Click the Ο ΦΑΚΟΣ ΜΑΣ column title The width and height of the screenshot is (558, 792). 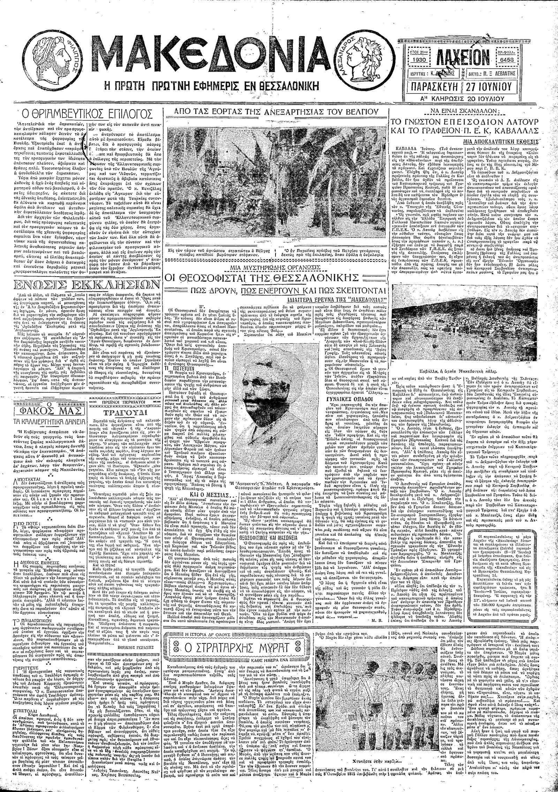49,409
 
